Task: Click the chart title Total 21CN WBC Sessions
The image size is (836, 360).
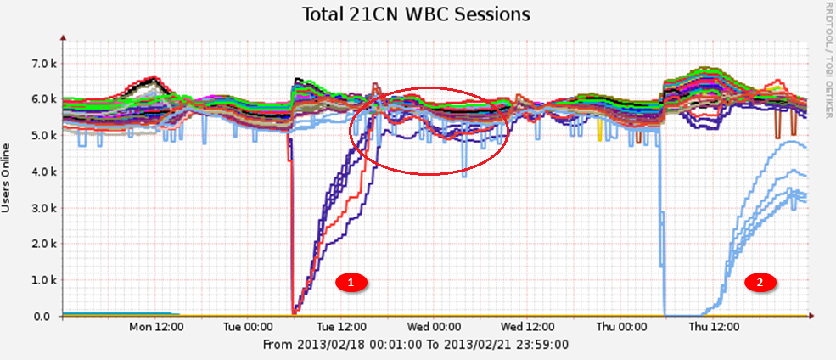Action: (x=418, y=14)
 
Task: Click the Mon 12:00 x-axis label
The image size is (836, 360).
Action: (x=156, y=327)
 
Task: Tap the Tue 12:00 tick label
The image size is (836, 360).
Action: (x=341, y=327)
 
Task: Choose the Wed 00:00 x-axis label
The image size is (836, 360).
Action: (x=434, y=327)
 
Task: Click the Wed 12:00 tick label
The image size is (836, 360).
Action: (x=526, y=327)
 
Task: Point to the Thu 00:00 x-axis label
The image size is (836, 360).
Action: (x=619, y=327)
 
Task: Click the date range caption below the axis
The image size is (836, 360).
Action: (x=417, y=345)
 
